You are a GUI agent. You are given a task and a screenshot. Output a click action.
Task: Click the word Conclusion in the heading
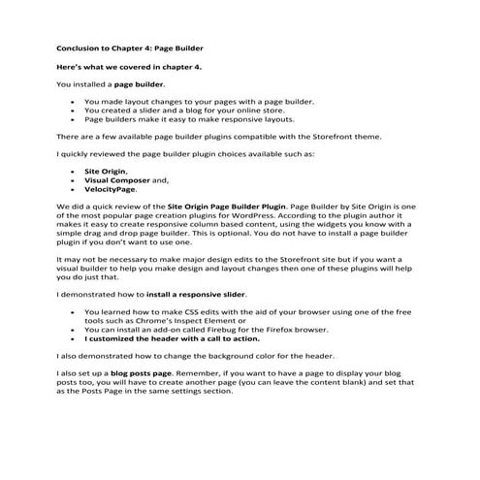pyautogui.click(x=80, y=46)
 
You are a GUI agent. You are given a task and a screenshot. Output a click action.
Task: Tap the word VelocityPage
pyautogui.click(x=110, y=189)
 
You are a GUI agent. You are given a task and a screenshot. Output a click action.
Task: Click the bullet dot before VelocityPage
pyautogui.click(x=74, y=189)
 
